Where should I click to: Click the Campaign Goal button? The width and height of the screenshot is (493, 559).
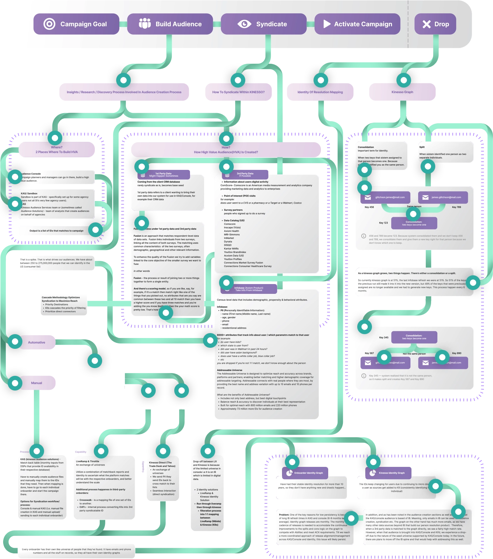click(76, 24)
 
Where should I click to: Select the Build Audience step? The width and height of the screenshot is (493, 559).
click(170, 24)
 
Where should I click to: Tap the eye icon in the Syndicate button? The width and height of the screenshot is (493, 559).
click(244, 24)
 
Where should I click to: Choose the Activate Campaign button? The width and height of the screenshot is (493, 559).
click(357, 24)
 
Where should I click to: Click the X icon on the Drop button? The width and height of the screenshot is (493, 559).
click(426, 24)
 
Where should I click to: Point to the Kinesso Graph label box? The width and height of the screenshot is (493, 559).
click(402, 92)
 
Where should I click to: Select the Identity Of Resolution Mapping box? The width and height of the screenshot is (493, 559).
click(320, 92)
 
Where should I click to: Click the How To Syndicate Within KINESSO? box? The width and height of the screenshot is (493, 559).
click(238, 92)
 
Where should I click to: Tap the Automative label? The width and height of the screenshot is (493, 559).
click(36, 342)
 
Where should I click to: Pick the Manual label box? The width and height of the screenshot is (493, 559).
click(36, 383)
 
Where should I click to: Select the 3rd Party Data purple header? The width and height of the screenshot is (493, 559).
click(245, 174)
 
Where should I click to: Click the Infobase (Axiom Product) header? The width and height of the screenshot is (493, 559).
click(248, 289)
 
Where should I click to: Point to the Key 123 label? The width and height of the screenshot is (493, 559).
click(383, 223)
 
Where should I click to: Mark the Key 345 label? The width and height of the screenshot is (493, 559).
click(383, 338)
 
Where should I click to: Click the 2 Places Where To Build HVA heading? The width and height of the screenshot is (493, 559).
click(57, 152)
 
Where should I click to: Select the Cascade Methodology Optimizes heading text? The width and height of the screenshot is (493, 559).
click(61, 297)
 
